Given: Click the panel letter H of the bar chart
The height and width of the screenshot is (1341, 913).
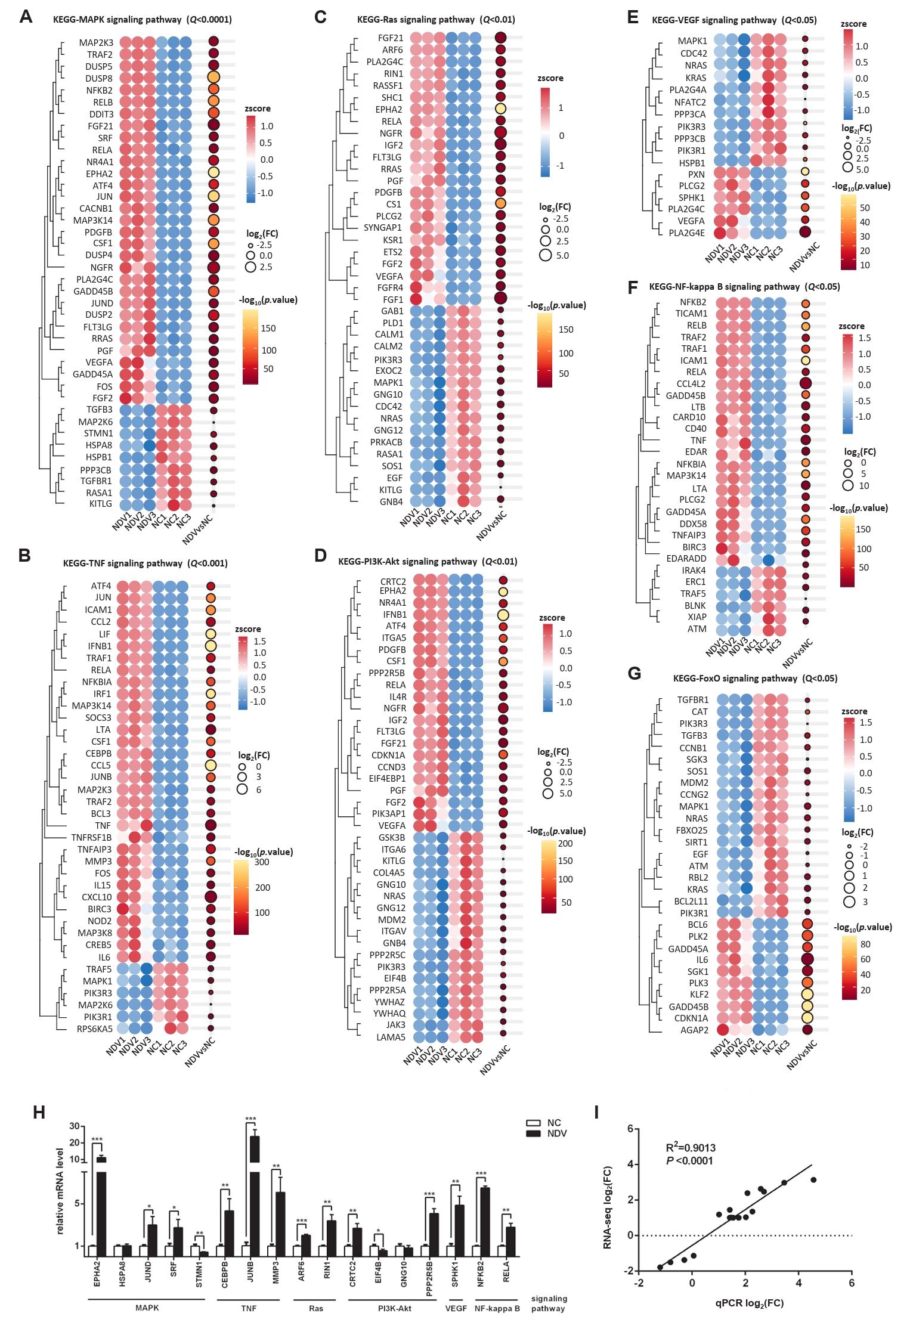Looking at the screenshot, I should [x=39, y=1113].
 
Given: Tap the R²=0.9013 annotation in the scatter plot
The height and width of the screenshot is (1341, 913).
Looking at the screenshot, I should [x=691, y=1148].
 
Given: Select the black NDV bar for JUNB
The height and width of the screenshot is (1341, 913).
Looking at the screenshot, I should [x=254, y=1193].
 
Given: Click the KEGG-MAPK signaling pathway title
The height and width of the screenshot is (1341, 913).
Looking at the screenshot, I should [x=142, y=20].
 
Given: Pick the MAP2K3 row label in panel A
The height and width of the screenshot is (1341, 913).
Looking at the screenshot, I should [x=96, y=43].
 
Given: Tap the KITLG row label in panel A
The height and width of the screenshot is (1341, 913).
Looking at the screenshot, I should [x=100, y=504].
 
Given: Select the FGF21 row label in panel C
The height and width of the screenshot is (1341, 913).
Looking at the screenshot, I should [x=391, y=38].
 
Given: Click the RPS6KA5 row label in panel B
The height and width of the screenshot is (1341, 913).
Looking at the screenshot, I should [x=94, y=1029].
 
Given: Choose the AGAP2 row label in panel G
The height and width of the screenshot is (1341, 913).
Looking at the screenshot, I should [x=695, y=1030].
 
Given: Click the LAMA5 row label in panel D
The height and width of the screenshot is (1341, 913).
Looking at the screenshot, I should [x=391, y=1037].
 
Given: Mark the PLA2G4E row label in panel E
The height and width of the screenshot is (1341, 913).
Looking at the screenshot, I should [x=686, y=233].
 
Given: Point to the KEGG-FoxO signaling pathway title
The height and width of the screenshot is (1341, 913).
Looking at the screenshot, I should [x=755, y=679].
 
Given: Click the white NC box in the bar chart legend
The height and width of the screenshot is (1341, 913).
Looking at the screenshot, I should [x=533, y=1123].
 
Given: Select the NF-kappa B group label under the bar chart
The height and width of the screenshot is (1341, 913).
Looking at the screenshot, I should [x=497, y=1308].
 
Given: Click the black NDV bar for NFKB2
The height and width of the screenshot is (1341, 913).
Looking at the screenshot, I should [x=485, y=1222].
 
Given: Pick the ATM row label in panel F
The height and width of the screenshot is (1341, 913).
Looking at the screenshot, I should [x=697, y=629].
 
